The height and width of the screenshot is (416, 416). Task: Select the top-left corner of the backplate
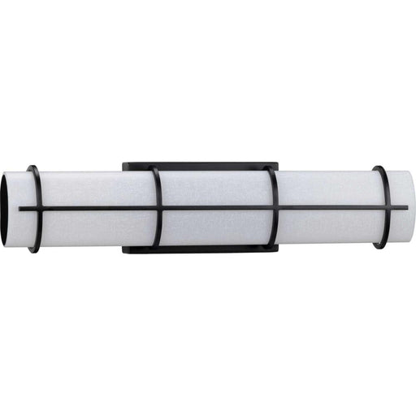coord(124,166)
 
